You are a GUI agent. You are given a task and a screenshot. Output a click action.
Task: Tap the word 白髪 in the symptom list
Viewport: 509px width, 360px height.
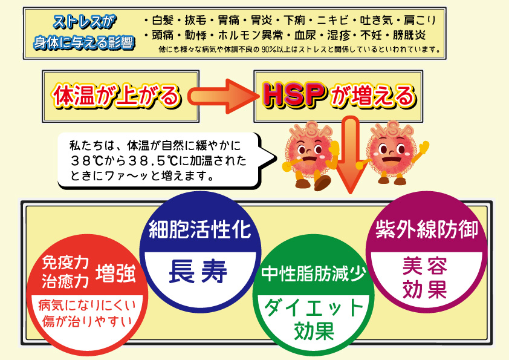coord(163,21)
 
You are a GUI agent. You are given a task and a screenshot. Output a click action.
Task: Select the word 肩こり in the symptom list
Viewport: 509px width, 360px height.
coord(420,21)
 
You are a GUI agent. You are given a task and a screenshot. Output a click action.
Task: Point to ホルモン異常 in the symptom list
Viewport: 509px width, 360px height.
coord(250,35)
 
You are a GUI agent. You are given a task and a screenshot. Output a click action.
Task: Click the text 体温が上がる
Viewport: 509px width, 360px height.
coord(116,96)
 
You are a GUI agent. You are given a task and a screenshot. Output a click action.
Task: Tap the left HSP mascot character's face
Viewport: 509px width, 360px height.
coord(309,152)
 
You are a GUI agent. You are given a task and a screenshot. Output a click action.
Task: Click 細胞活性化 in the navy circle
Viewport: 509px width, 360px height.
coord(200,230)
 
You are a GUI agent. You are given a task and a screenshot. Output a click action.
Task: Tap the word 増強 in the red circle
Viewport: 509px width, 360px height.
coord(116,273)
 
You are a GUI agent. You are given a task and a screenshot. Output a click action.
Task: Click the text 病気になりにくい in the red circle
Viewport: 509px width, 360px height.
coord(87,305)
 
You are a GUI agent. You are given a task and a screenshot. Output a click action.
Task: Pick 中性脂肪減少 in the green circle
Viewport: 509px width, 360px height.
coord(314,273)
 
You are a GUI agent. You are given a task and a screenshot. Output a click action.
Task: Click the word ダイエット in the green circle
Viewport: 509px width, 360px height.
coord(313,307)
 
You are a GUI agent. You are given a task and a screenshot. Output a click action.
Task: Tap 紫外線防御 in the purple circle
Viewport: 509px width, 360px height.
coord(427,230)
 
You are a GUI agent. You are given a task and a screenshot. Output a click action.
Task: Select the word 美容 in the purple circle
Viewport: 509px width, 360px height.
coord(425,266)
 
